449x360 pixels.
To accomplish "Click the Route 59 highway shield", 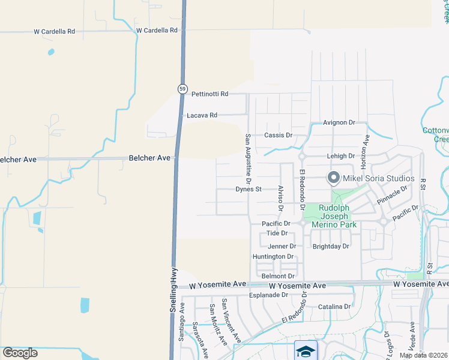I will [182, 89].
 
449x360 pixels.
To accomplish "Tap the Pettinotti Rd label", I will [210, 94].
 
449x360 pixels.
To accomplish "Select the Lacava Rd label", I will [202, 115].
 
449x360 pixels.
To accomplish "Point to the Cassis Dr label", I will [278, 136].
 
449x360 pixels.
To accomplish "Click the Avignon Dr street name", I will [339, 122].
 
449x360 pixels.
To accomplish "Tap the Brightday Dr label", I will [331, 247].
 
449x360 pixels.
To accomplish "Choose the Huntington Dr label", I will [273, 257].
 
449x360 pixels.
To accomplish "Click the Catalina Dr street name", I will [334, 307].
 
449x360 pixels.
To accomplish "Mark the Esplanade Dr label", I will [268, 295].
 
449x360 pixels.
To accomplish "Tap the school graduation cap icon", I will [305, 350].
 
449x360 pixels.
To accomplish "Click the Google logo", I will [20, 353].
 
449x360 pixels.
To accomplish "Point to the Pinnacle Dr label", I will [393, 194].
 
